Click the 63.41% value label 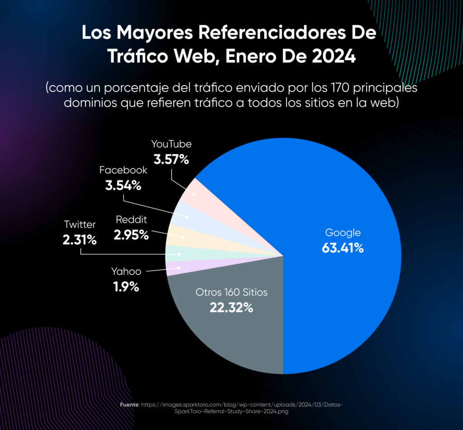343,248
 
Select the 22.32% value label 231,308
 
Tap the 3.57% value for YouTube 171,159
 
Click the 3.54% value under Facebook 123,185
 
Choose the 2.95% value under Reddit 132,235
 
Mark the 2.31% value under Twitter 80,240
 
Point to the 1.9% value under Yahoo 126,287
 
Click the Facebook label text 123,170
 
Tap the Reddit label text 132,220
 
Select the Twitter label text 80,225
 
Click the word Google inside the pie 343,233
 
